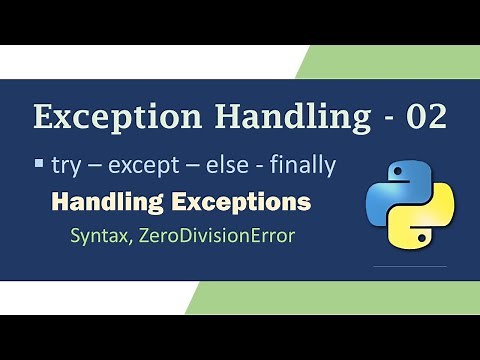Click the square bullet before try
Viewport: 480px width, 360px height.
click(39, 161)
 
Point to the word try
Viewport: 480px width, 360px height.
click(65, 163)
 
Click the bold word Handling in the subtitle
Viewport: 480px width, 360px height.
click(101, 202)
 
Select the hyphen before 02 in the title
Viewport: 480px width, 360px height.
click(384, 119)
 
